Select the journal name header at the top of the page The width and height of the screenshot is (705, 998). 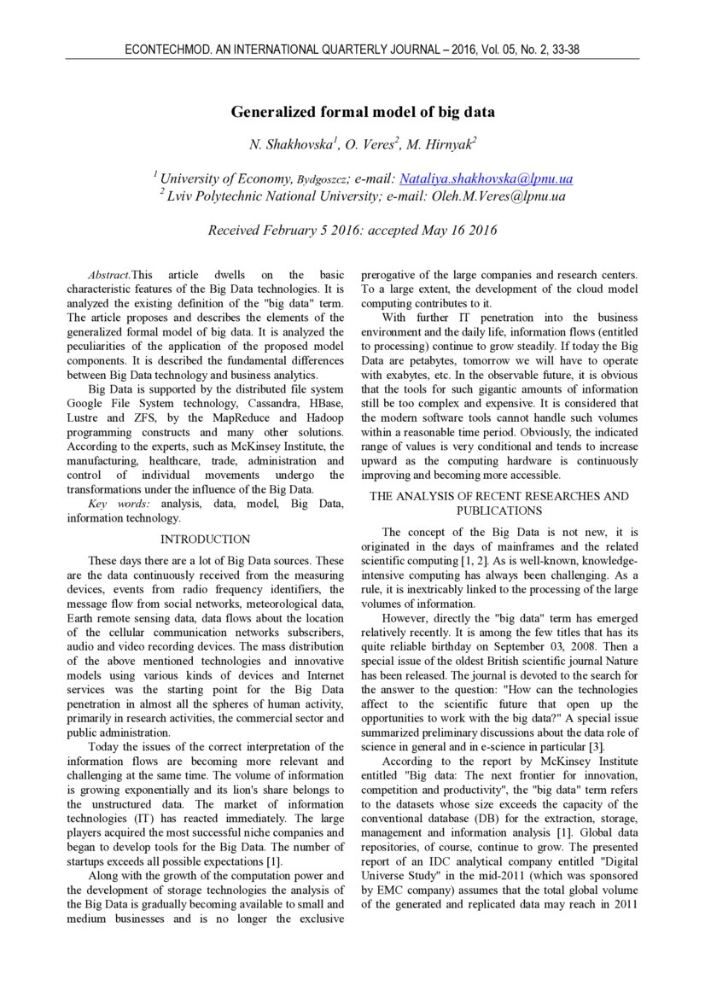pyautogui.click(x=352, y=50)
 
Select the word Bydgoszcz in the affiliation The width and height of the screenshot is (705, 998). pyautogui.click(x=322, y=179)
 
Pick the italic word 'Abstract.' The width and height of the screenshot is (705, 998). pyautogui.click(x=109, y=275)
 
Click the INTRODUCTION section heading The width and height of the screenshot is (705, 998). pyautogui.click(x=206, y=540)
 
